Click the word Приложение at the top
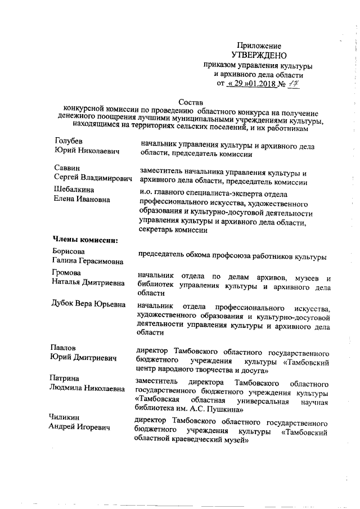pos(259,45)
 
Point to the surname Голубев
pos(69,141)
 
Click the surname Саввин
pos(66,168)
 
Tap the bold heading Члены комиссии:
pos(85,241)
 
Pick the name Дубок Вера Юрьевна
pos(88,305)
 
